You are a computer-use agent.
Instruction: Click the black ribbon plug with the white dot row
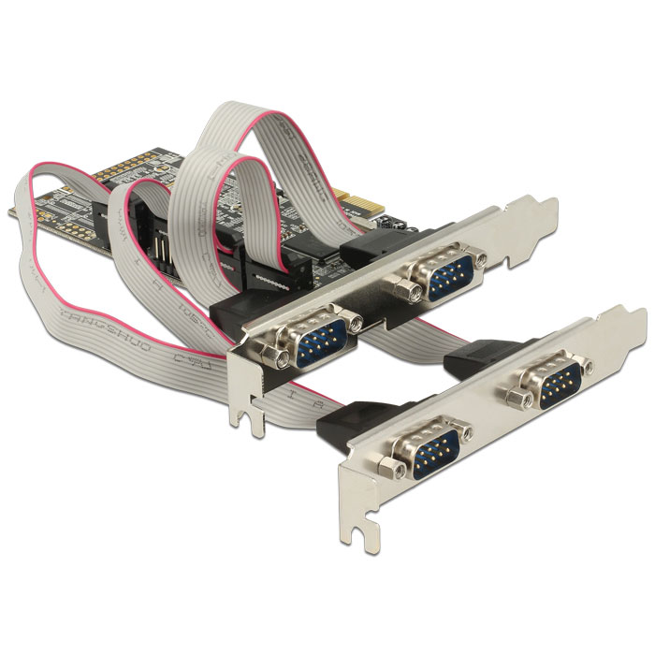[x=262, y=276]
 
